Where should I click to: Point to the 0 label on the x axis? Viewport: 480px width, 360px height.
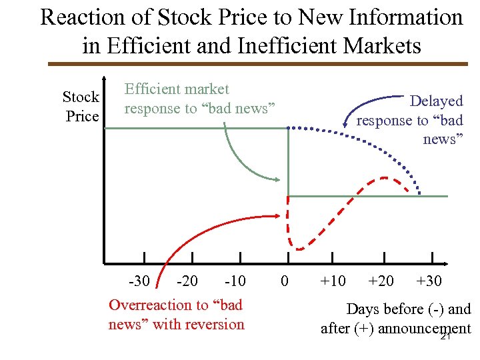285,281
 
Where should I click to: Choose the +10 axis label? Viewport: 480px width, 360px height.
332,281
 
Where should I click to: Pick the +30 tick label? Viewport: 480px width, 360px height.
429,281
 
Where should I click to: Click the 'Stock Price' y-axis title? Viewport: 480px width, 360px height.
81,107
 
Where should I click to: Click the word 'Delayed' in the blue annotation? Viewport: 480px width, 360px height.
436,101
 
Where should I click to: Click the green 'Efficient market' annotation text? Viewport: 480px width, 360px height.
177,89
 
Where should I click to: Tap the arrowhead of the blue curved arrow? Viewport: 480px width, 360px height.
345,125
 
